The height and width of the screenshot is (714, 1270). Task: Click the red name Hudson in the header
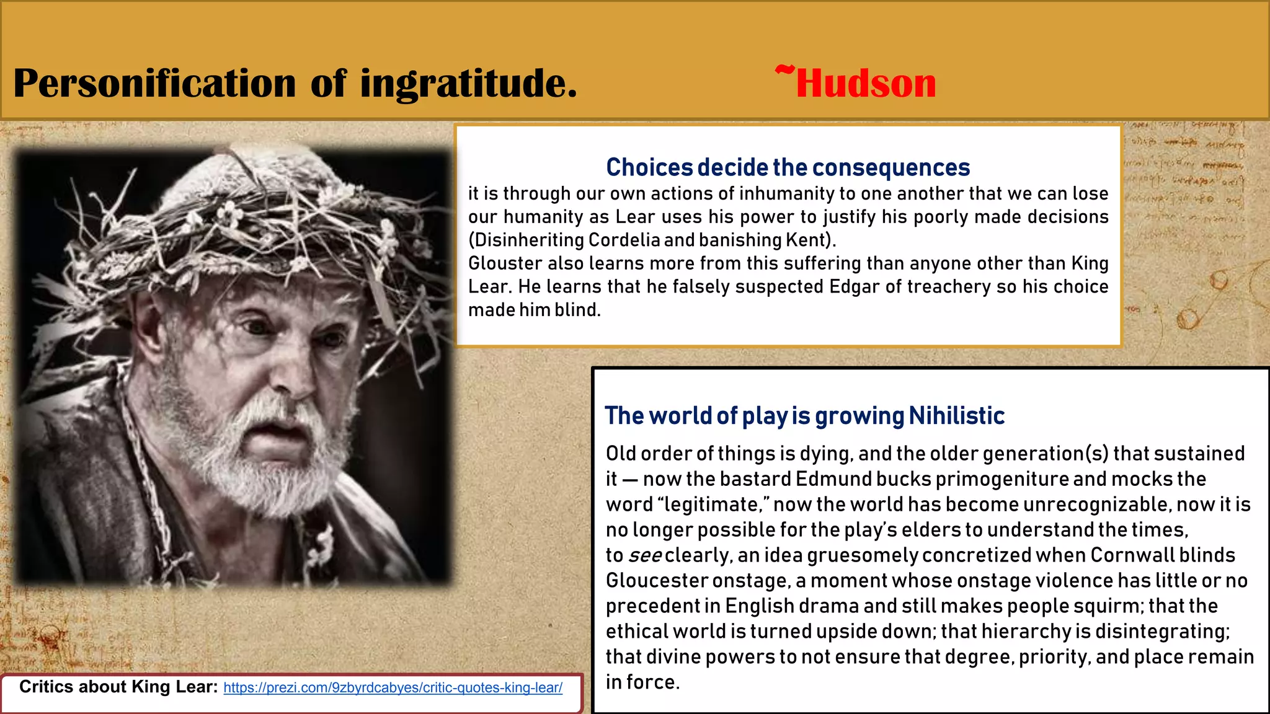(866, 83)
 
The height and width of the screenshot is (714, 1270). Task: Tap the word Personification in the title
(154, 83)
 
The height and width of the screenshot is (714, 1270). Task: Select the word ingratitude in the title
(468, 83)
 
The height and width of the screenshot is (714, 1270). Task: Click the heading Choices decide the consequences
(788, 167)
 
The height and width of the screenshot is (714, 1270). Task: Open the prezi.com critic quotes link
(393, 688)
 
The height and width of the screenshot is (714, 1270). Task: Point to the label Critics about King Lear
(118, 687)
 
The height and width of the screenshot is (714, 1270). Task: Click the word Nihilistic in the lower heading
(956, 416)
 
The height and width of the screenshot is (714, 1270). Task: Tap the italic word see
(645, 555)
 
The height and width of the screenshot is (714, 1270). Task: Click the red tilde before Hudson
(784, 71)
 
